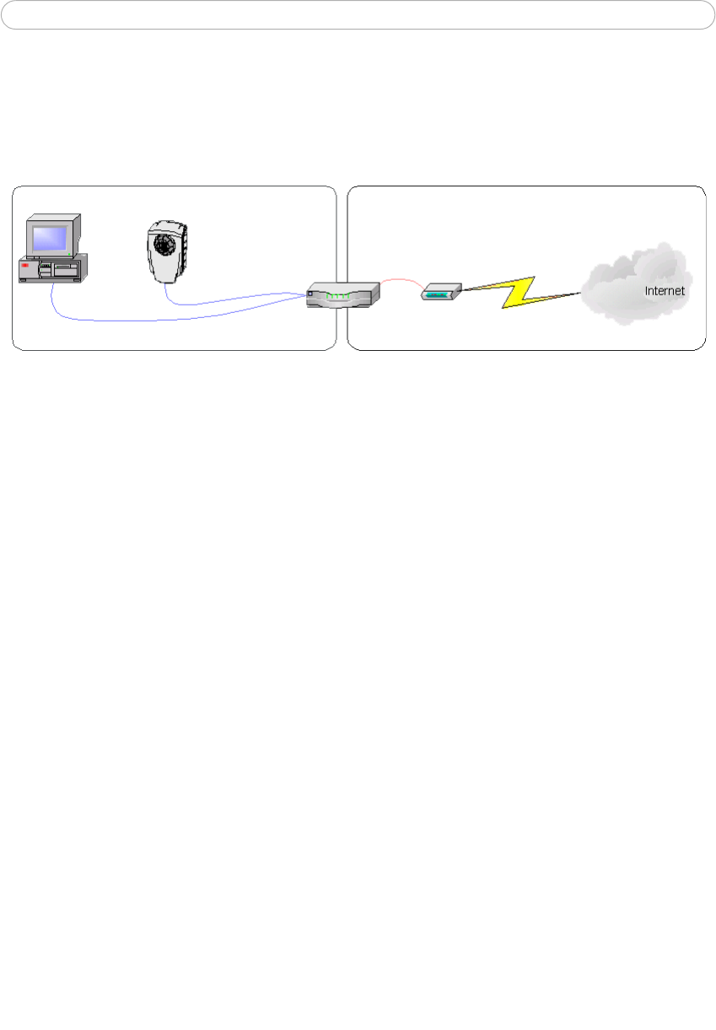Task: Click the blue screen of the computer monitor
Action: (x=50, y=236)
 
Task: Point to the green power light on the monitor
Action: (x=70, y=253)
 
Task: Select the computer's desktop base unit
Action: (x=52, y=270)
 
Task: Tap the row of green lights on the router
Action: (x=339, y=296)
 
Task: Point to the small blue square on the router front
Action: (x=311, y=294)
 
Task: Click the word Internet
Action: (x=665, y=291)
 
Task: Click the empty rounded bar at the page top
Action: (x=358, y=15)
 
